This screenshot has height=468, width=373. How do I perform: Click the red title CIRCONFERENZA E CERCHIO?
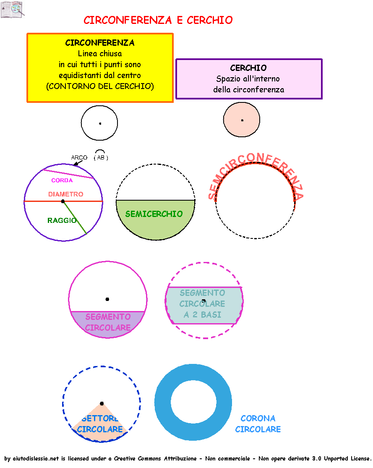click(158, 20)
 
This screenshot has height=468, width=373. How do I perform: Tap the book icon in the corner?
click(11, 10)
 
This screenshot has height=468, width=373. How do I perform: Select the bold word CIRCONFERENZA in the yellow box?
click(100, 43)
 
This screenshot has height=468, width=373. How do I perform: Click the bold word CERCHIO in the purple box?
click(248, 68)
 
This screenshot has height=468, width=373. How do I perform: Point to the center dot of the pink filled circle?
click(242, 120)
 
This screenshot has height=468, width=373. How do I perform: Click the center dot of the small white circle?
click(100, 123)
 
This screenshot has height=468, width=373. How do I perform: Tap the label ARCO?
click(79, 158)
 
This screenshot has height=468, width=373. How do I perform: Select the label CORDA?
click(62, 180)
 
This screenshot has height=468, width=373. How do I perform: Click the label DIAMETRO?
click(65, 194)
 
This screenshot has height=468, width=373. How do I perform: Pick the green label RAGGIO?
click(62, 220)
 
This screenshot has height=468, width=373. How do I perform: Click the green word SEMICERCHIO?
click(154, 214)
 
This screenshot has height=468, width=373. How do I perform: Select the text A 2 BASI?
click(202, 315)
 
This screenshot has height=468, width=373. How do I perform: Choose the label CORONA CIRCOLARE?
click(258, 424)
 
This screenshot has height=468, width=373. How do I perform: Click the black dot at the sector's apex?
click(102, 403)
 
